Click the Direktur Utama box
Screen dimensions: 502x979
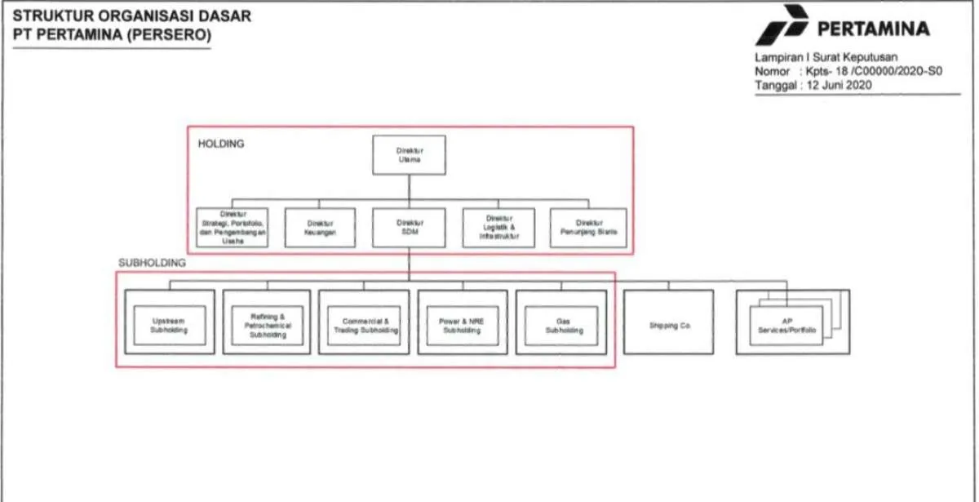pos(409,155)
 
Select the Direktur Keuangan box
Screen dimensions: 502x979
pos(320,227)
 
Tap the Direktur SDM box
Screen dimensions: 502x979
pos(409,227)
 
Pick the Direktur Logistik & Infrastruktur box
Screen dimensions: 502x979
pos(498,227)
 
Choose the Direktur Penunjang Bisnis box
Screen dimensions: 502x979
pos(587,227)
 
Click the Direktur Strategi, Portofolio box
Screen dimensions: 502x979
pos(231,227)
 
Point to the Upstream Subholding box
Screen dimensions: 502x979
pos(170,326)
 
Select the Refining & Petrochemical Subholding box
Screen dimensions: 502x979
pos(267,326)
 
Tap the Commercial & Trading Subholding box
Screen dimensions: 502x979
pos(364,326)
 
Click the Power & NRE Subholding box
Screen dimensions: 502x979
pos(463,326)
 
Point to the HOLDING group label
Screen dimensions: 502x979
pos(221,143)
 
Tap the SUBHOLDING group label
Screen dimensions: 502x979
pos(153,263)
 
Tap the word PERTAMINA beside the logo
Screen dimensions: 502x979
pos(873,29)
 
